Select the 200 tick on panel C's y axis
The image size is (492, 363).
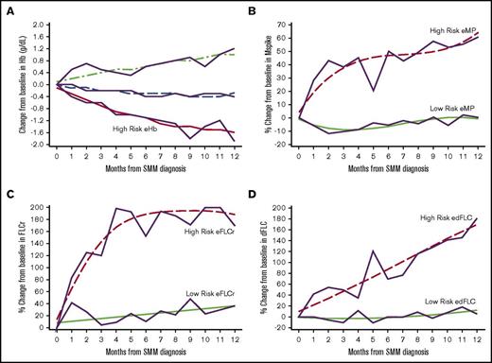coord(36,206)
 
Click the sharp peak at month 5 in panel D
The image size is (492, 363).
coord(376,251)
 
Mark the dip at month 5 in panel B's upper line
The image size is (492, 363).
coord(376,90)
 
